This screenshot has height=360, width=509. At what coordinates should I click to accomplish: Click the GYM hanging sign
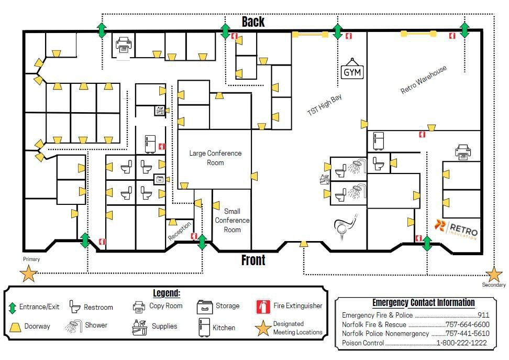coord(352,72)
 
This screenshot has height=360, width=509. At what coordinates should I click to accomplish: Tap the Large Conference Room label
coord(215,158)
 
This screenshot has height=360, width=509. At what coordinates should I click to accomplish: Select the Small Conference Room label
coord(233,220)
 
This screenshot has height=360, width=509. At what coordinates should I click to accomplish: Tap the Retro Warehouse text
coord(424,80)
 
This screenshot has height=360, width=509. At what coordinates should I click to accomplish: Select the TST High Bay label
coord(324,105)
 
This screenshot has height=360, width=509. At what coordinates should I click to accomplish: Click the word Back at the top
coord(253,21)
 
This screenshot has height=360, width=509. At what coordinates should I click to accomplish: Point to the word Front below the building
coord(253,260)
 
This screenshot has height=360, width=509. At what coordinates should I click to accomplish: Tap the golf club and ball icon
coord(346,223)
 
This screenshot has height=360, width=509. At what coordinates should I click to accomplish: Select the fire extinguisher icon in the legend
coord(263,306)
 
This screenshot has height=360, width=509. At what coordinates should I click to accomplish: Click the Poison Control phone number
coord(461,343)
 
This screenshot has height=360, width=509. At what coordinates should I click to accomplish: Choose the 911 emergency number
coord(483,315)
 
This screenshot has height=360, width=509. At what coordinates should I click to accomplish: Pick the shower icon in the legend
coord(74,326)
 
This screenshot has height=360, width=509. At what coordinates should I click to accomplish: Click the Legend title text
coord(167,293)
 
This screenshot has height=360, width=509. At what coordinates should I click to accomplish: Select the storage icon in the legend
coord(204,306)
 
